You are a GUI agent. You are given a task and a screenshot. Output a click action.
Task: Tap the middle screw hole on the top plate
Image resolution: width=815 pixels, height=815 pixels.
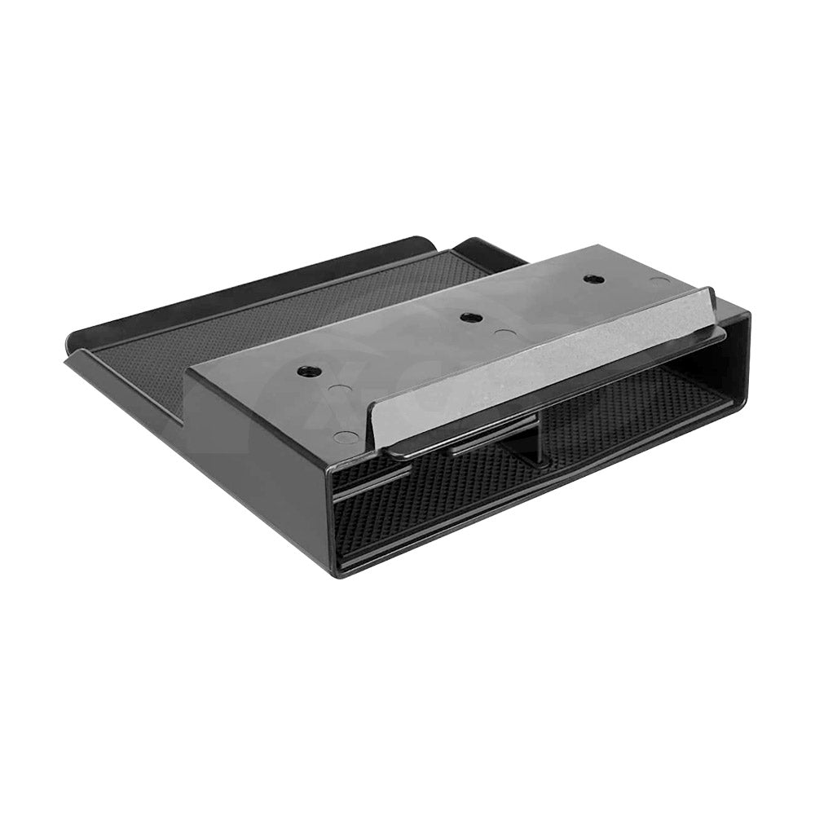467,318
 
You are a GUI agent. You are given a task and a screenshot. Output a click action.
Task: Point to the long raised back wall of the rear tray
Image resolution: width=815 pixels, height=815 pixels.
244,281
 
